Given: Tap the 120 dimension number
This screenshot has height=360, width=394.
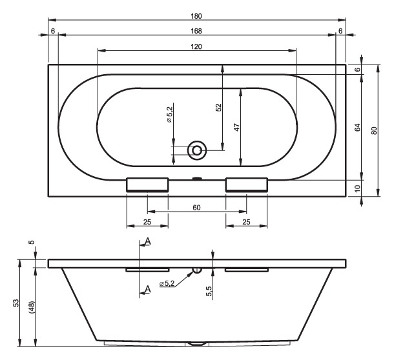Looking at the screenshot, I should [x=197, y=46].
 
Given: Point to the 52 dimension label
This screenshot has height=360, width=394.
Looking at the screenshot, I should [x=218, y=110].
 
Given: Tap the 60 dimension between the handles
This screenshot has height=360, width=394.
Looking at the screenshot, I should [x=197, y=207].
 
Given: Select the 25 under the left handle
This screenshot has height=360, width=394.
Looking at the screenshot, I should [x=147, y=223].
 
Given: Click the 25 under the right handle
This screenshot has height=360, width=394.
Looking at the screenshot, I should [x=246, y=223].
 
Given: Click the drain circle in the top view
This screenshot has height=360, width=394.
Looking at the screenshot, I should [x=197, y=151].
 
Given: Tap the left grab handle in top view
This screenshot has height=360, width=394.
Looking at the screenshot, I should [x=147, y=185].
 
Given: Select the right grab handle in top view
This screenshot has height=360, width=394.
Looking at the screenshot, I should [x=246, y=185].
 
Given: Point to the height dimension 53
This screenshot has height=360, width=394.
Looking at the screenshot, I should [x=16, y=303].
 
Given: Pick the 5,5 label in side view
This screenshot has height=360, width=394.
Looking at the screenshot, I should [x=209, y=291].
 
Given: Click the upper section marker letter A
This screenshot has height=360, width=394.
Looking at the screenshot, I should [x=148, y=241].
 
